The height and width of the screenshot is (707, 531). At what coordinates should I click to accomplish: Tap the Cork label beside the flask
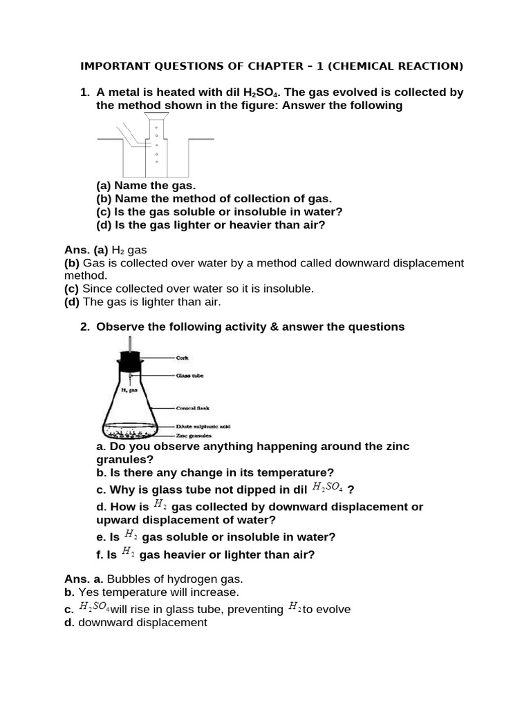pyautogui.click(x=183, y=358)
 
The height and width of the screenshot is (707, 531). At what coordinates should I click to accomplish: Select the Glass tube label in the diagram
pyautogui.click(x=189, y=376)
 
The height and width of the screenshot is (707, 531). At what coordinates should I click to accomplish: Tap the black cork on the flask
pyautogui.click(x=129, y=359)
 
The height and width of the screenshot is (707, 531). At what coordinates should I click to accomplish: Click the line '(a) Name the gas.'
pyautogui.click(x=146, y=186)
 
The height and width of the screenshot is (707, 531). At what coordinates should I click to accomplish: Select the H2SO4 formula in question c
pyautogui.click(x=328, y=488)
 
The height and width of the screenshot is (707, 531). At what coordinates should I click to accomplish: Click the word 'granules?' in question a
pyautogui.click(x=125, y=459)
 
